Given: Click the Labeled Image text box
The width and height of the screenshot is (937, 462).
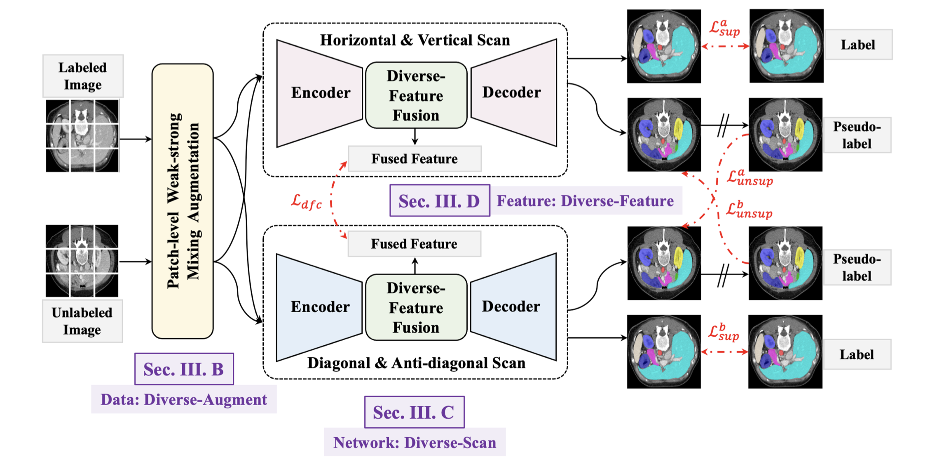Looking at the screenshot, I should pos(83,76).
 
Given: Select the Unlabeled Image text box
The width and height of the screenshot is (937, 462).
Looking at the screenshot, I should pos(82,321).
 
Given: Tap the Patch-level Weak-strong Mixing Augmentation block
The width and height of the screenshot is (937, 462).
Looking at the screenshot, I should pos(183,201).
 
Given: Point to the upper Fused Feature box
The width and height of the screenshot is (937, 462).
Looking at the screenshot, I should pos(415,159).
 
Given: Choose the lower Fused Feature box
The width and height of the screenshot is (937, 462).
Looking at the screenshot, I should pos(414,244).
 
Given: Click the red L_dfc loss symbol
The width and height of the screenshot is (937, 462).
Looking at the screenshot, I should pos(306,202).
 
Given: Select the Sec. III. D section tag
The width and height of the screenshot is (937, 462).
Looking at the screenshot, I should pos(439,201).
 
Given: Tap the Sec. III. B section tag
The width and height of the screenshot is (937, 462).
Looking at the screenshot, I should pos(184,369).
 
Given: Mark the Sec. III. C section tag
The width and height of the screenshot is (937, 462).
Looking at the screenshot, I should pos(414,412).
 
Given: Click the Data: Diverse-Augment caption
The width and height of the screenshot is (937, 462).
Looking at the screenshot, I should pos(184,399).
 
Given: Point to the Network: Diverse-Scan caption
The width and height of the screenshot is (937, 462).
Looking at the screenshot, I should pos(415,443).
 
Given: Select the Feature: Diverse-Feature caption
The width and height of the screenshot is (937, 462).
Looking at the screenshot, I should pos(585,201).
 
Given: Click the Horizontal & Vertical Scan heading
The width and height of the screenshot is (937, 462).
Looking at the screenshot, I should pos(415,40).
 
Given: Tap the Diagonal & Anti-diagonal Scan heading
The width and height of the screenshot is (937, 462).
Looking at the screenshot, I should pos(416,363).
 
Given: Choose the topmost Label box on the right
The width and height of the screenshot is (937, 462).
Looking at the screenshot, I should pos(858,45).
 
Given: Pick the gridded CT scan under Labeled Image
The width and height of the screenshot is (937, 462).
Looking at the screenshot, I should pos(82,136).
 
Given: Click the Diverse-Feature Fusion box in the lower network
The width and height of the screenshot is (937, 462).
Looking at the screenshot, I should pos(416,308).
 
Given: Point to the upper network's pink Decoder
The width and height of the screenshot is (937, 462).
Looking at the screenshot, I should pos(513,93).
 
